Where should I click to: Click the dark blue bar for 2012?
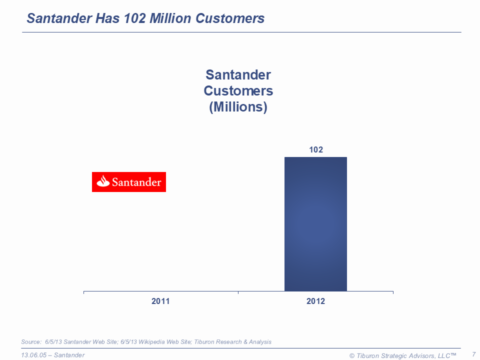[315, 224]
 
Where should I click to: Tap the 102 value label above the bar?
[316, 149]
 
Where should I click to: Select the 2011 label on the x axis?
[160, 301]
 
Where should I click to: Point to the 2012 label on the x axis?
[315, 301]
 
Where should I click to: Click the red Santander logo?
[129, 182]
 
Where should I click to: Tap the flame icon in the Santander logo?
[103, 181]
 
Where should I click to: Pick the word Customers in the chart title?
[238, 91]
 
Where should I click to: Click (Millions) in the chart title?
[238, 107]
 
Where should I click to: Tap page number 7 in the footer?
[473, 354]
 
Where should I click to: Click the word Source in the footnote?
[31, 342]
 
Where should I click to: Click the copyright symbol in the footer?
[352, 355]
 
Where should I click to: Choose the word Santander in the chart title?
[238, 75]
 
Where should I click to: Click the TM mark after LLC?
[453, 354]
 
